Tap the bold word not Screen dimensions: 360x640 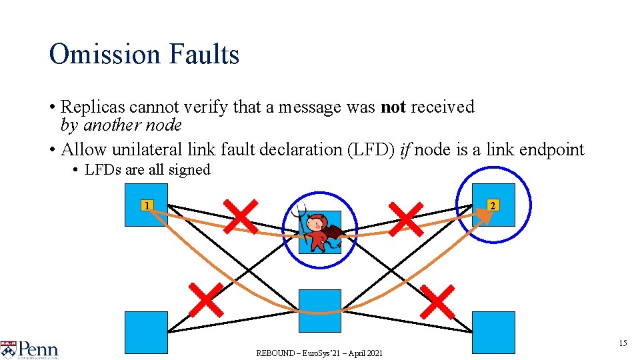point(393,107)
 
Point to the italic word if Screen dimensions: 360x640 point(405,149)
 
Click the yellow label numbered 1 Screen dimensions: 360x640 point(147,205)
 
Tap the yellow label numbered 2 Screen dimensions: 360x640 point(493,205)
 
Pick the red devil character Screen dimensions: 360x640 point(319,231)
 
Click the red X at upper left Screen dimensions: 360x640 point(240,216)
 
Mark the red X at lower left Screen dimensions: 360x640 point(206,299)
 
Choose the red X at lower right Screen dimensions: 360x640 point(438,302)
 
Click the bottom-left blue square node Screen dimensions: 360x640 point(146,332)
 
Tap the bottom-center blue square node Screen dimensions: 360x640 point(319,311)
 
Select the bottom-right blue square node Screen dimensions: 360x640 point(493,332)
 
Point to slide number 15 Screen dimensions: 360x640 point(623,343)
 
